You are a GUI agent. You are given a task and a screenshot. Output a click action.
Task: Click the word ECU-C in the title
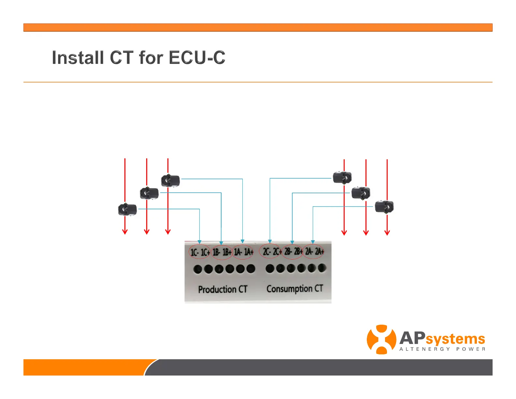197,58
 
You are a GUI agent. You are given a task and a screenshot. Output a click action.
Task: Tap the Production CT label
223,289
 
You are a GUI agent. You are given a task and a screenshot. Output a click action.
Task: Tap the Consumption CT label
295,288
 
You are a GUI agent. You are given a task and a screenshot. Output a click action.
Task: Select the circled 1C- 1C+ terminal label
200,252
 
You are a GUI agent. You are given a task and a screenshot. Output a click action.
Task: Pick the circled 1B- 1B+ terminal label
222,252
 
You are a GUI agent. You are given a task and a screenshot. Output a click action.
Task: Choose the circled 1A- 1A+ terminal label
243,252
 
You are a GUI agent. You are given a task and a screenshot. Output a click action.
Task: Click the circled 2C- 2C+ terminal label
270,251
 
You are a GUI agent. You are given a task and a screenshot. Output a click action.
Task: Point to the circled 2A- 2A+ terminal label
314,251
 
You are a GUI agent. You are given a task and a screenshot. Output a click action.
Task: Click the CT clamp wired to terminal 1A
170,181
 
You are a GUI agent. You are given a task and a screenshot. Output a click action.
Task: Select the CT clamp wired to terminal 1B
149,193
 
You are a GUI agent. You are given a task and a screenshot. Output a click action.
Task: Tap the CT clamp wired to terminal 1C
127,209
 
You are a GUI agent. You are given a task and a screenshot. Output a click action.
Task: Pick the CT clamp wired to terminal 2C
342,177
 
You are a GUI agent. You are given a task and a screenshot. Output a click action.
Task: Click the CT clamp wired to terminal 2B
361,193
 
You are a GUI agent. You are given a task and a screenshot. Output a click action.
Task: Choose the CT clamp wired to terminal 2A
384,207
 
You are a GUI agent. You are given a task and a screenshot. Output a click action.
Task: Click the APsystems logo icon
381,339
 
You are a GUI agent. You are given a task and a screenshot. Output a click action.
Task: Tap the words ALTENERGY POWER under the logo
442,349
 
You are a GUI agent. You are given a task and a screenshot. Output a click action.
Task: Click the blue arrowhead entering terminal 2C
270,242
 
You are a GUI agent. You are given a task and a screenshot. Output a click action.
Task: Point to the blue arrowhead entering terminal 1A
242,242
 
